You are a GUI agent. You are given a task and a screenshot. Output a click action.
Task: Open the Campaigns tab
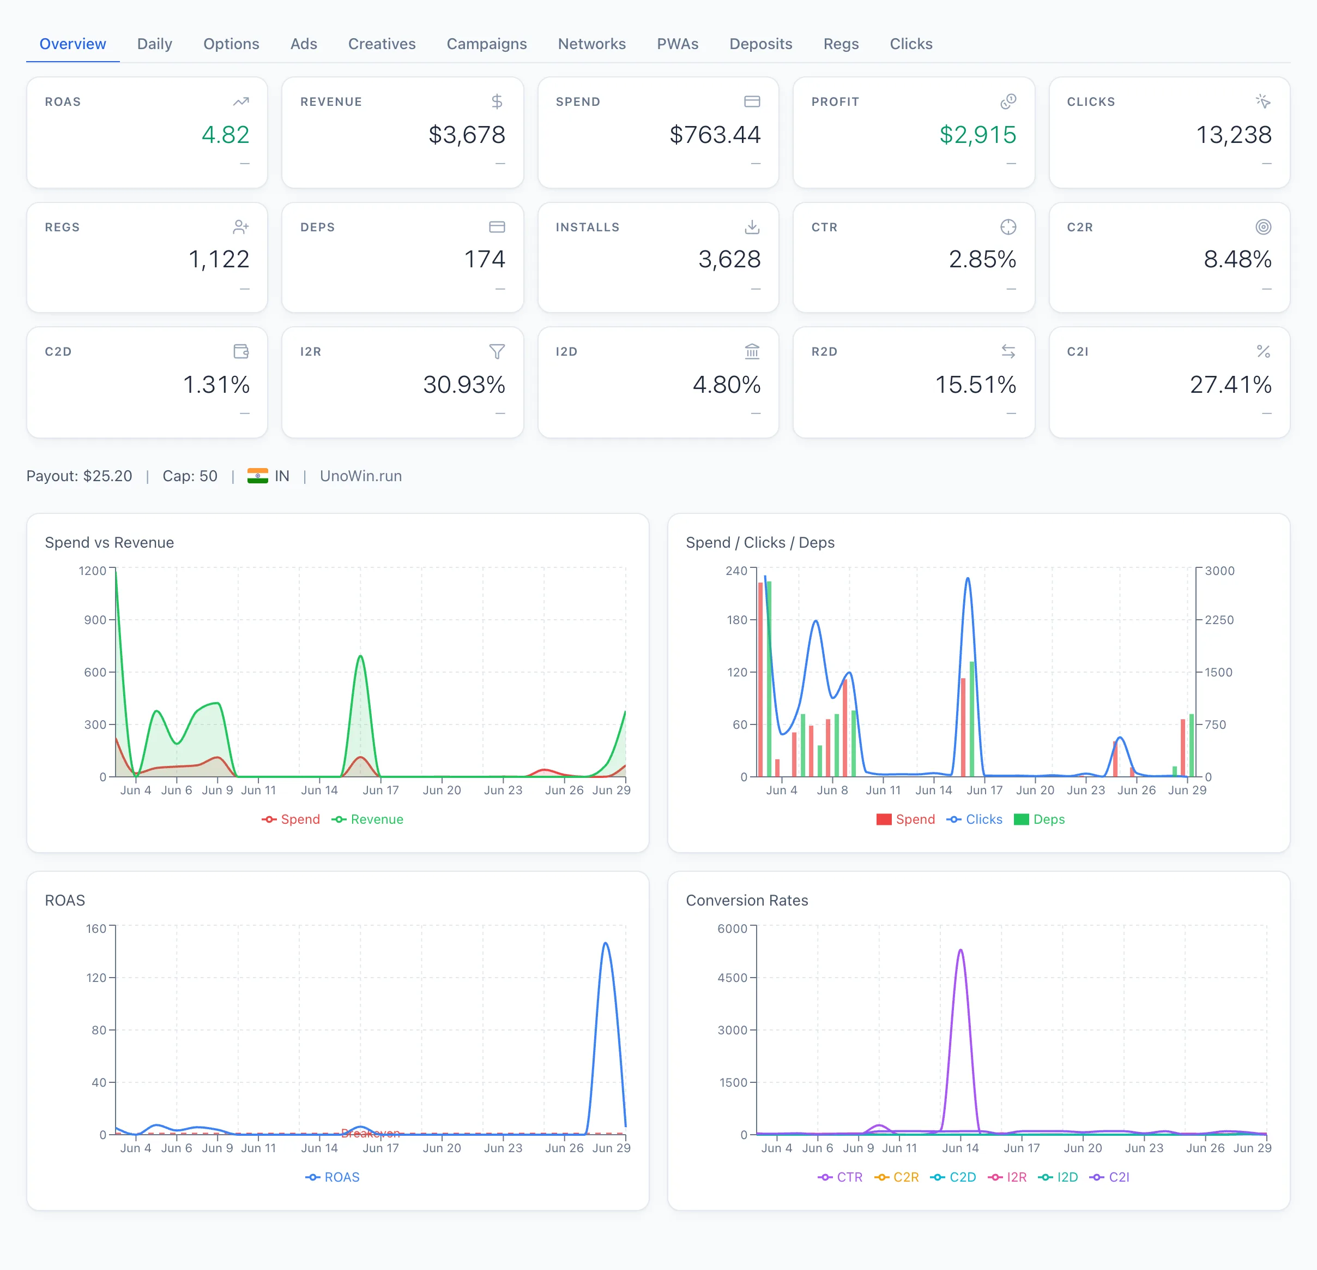pyautogui.click(x=486, y=44)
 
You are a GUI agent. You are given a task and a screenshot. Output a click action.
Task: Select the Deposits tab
pyautogui.click(x=760, y=44)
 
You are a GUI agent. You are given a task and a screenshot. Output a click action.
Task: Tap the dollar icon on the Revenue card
pyautogui.click(x=497, y=101)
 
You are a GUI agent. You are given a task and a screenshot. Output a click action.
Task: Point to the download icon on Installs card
pyautogui.click(x=752, y=227)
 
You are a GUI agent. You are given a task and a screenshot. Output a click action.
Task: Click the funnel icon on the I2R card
pyautogui.click(x=497, y=352)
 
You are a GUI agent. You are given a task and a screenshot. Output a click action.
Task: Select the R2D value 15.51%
pyautogui.click(x=976, y=385)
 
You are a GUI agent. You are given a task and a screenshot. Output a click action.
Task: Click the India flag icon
pyautogui.click(x=257, y=476)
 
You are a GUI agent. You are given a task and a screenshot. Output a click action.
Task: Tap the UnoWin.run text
pyautogui.click(x=361, y=476)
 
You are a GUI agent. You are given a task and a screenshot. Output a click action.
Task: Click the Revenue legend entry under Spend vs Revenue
pyautogui.click(x=367, y=819)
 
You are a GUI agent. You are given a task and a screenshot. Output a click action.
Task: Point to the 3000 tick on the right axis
pyautogui.click(x=1219, y=571)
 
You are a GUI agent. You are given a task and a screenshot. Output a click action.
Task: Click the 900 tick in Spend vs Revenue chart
pyautogui.click(x=95, y=620)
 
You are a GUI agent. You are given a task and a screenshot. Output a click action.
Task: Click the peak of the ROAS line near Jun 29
pyautogui.click(x=606, y=943)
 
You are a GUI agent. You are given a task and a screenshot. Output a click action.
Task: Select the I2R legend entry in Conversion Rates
pyautogui.click(x=1007, y=1177)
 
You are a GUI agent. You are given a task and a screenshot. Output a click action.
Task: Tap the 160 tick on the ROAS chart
pyautogui.click(x=96, y=928)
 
